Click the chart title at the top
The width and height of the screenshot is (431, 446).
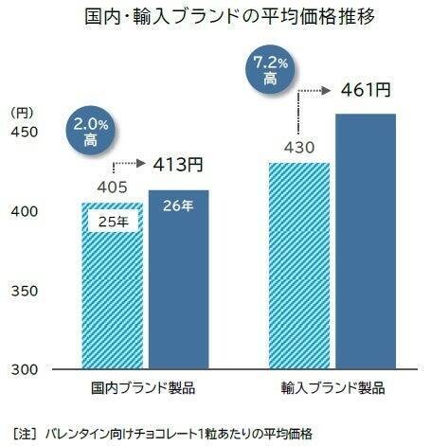click(x=217, y=18)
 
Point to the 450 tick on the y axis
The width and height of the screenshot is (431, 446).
click(x=24, y=132)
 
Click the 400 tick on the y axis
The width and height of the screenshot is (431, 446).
click(x=24, y=210)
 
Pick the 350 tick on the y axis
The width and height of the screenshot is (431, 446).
click(x=24, y=289)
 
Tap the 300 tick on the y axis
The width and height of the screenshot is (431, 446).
click(x=24, y=367)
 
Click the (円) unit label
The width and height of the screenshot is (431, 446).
click(x=22, y=112)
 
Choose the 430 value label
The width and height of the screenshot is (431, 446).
click(x=299, y=148)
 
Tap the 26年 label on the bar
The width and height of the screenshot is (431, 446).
click(x=177, y=206)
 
